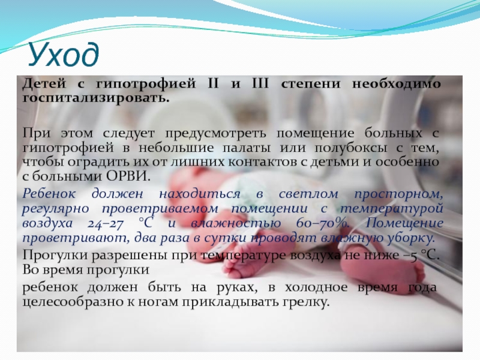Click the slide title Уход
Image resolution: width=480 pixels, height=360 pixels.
(64, 55)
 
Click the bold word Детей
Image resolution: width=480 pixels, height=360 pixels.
(44, 83)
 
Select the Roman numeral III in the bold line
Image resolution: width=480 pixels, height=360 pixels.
(260, 83)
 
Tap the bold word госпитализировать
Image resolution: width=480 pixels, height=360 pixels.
(96, 98)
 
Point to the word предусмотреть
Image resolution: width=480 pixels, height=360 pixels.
(216, 133)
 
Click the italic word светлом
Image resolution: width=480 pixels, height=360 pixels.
(308, 194)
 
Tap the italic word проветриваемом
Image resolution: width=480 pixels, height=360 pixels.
(160, 209)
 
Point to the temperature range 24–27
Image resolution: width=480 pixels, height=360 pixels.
(106, 223)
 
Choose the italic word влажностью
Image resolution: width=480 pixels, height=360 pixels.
(236, 223)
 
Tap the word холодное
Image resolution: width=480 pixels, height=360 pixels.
(316, 287)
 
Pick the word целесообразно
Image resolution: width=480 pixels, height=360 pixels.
(72, 302)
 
